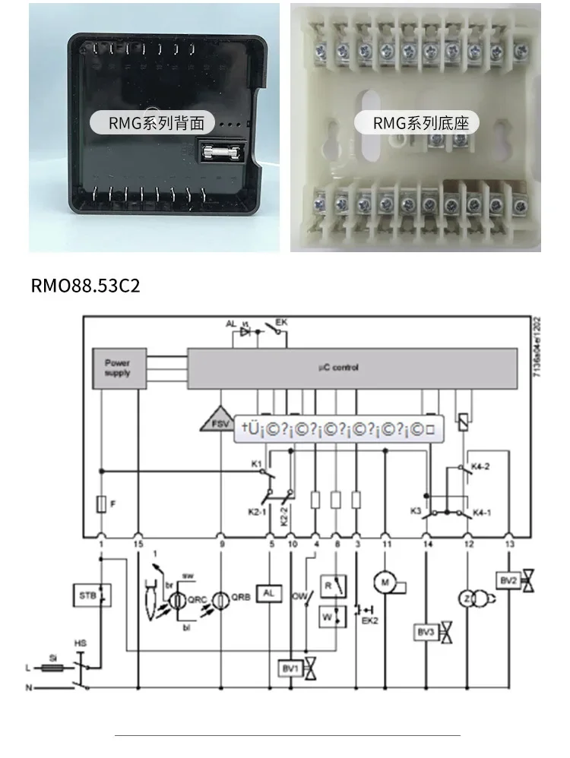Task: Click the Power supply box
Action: coord(117,368)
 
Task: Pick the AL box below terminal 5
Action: coord(270,593)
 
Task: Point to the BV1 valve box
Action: coord(290,669)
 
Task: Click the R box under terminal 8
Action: coord(329,586)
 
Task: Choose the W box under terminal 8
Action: coord(328,617)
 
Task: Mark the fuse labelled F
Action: coord(101,504)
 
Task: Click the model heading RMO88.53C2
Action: coord(86,286)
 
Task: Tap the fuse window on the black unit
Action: coord(223,152)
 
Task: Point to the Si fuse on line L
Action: coord(52,668)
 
